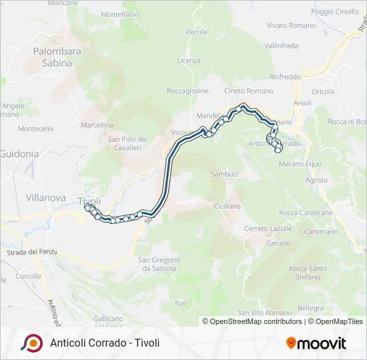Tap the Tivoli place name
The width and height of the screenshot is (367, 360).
[x=89, y=201]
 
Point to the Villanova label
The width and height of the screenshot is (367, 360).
[x=45, y=197]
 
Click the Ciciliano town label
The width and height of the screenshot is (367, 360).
[x=228, y=207]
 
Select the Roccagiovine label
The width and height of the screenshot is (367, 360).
[x=188, y=91]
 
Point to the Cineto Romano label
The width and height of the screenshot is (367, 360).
[x=249, y=91]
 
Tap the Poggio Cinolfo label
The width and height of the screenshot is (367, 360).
[x=334, y=11]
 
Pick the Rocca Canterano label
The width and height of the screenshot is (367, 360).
[x=306, y=213]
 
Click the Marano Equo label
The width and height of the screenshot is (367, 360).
[x=300, y=164]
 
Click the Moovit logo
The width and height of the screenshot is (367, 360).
[x=316, y=343]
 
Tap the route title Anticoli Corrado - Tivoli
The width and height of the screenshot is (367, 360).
[x=105, y=343]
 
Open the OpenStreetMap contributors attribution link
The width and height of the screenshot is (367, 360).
[x=252, y=321]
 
